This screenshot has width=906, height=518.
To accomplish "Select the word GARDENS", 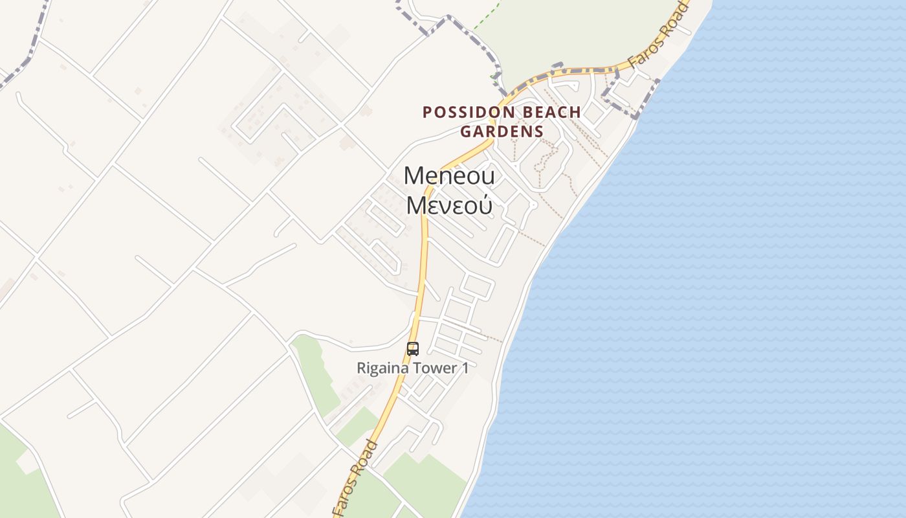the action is click(x=502, y=131).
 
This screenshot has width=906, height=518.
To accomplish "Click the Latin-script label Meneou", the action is click(x=449, y=175).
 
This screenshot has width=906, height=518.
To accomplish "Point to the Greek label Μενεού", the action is click(x=449, y=205).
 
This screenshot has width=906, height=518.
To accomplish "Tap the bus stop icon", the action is click(x=413, y=349).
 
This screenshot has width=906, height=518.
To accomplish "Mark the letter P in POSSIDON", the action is click(x=426, y=112).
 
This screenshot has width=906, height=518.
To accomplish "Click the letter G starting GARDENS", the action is click(x=465, y=131).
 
